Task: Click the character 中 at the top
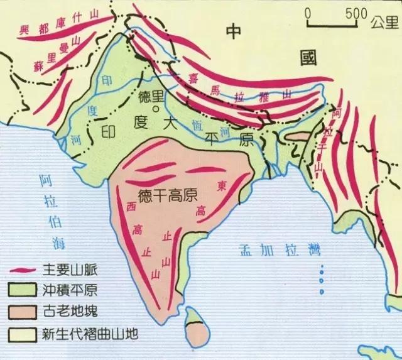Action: pyautogui.click(x=234, y=32)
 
